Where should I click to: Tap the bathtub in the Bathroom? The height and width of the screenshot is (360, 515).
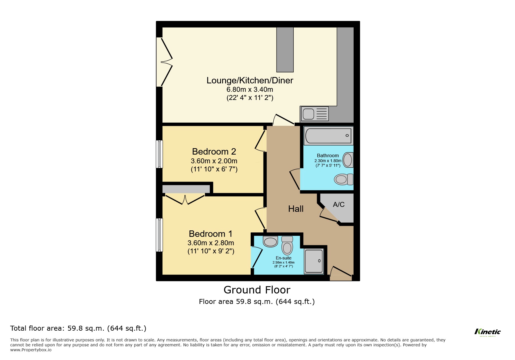tap(328, 136)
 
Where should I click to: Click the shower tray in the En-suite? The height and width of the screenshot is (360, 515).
tap(314, 261)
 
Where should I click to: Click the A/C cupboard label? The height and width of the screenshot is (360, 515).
tap(338, 205)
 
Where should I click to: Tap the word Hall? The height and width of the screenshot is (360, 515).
tap(296, 209)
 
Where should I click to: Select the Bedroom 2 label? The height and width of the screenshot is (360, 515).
tap(214, 151)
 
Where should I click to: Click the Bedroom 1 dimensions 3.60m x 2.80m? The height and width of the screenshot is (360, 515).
tap(211, 243)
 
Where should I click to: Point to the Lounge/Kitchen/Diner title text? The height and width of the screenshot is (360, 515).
tap(250, 80)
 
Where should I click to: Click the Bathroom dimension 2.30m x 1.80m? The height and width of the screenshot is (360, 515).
tap(328, 161)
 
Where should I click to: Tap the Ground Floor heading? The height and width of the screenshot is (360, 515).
tap(257, 290)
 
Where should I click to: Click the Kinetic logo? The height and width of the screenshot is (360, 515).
tap(487, 332)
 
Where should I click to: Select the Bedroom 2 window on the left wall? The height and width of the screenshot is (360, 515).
tap(159, 154)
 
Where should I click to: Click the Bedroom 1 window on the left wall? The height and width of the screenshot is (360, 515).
tap(159, 235)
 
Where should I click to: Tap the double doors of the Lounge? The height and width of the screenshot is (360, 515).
tap(164, 62)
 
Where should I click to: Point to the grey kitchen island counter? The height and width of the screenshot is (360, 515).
tap(285, 49)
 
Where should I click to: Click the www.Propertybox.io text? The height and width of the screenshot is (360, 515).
tap(31, 350)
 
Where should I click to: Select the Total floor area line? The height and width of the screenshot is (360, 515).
tap(78, 328)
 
